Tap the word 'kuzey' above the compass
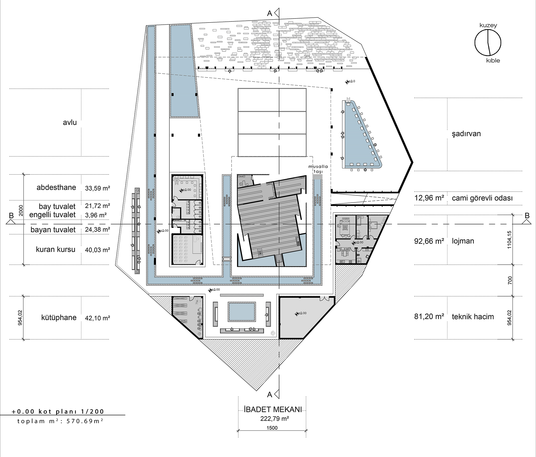(x=488, y=25)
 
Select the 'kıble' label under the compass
(x=493, y=61)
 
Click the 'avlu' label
(x=70, y=122)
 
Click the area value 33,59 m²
(x=98, y=188)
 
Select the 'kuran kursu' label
(x=55, y=250)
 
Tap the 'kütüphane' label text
(x=59, y=318)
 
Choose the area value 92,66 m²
(x=429, y=241)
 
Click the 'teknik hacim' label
(x=473, y=317)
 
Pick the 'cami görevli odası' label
(x=482, y=198)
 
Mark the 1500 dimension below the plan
(x=272, y=428)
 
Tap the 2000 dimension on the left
(x=21, y=211)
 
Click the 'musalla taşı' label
(x=318, y=169)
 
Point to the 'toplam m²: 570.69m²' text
(x=60, y=421)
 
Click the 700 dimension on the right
(x=509, y=280)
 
